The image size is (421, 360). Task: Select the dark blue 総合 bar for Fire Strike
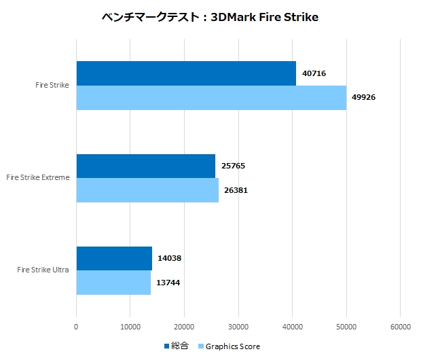coord(186,73)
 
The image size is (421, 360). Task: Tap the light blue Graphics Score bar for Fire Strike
coord(211,97)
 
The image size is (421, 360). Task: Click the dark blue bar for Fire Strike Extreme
coord(145,166)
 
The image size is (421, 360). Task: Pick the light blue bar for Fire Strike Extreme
coord(147,190)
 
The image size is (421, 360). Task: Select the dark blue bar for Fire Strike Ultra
coord(114,258)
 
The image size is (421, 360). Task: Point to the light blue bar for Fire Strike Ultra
coord(113,283)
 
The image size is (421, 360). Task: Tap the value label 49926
coord(363,97)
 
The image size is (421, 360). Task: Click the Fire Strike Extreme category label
coord(37,178)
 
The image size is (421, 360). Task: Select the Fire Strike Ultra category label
coord(43,270)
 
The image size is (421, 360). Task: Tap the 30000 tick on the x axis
coord(238,327)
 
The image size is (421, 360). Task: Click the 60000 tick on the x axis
coord(400,327)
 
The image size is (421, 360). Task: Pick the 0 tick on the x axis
coord(76,327)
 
